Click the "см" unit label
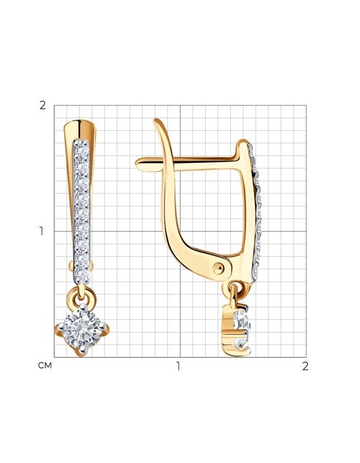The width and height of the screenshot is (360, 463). [45, 366]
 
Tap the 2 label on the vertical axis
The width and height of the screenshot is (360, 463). [42, 105]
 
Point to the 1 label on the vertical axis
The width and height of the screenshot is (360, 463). [41, 232]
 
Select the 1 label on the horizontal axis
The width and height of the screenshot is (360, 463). [178, 366]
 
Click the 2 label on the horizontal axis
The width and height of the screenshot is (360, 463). [305, 366]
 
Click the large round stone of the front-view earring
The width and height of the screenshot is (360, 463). [81, 329]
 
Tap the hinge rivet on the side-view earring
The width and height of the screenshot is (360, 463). [218, 269]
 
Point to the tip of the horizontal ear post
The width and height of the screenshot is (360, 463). [136, 163]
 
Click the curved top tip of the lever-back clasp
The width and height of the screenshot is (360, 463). [156, 120]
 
